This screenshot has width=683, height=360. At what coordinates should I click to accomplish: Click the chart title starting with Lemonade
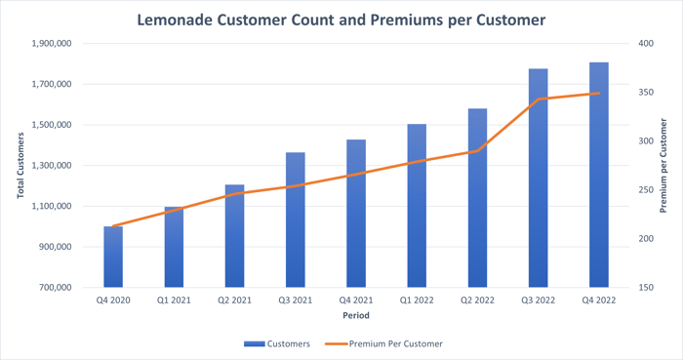point(341,20)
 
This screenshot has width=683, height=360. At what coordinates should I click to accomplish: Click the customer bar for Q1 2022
point(417,205)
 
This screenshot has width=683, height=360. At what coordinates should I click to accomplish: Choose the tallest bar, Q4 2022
point(598,176)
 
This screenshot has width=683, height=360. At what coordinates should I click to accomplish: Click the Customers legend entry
point(277,343)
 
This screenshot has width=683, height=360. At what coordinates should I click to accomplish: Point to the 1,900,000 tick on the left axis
point(50,44)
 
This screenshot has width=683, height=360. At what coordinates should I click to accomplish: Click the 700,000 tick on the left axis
point(54,288)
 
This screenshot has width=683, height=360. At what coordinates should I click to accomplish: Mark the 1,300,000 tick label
point(50,166)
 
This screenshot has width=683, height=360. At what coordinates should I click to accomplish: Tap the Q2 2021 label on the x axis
point(234,300)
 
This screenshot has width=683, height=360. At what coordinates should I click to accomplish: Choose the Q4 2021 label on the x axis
point(355,300)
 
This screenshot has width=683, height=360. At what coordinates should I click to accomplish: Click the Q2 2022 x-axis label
point(477,300)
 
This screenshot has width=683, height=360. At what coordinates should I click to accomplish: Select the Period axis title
point(355,316)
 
